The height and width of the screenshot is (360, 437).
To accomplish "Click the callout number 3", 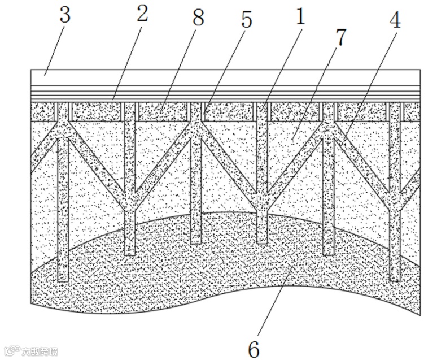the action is pos(65,16).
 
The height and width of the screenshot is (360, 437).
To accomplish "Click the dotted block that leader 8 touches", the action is pos(161,111).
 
